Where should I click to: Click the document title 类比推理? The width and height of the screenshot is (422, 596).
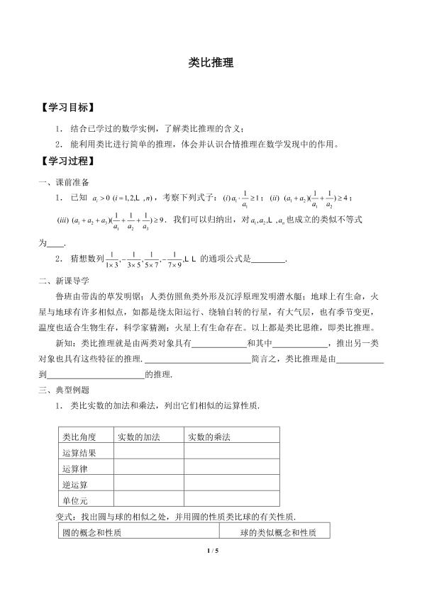[x=211, y=62]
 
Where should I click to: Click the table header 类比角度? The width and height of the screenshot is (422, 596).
[x=79, y=437]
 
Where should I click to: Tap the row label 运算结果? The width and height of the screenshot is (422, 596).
[x=79, y=453]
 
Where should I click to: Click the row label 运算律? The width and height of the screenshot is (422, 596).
[x=75, y=469]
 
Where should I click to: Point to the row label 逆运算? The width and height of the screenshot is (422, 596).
[x=75, y=485]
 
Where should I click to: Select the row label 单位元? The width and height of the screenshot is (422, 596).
[x=75, y=501]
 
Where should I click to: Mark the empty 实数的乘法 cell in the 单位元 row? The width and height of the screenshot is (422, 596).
[x=231, y=501]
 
